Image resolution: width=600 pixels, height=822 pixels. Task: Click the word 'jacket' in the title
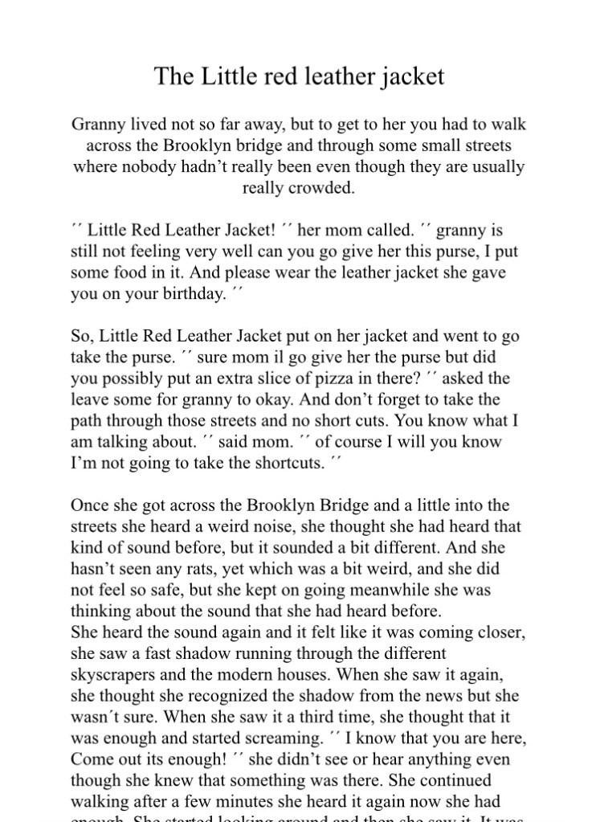point(414,77)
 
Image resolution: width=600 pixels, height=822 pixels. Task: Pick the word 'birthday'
point(192,293)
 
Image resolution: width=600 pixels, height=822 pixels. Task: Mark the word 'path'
point(87,419)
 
